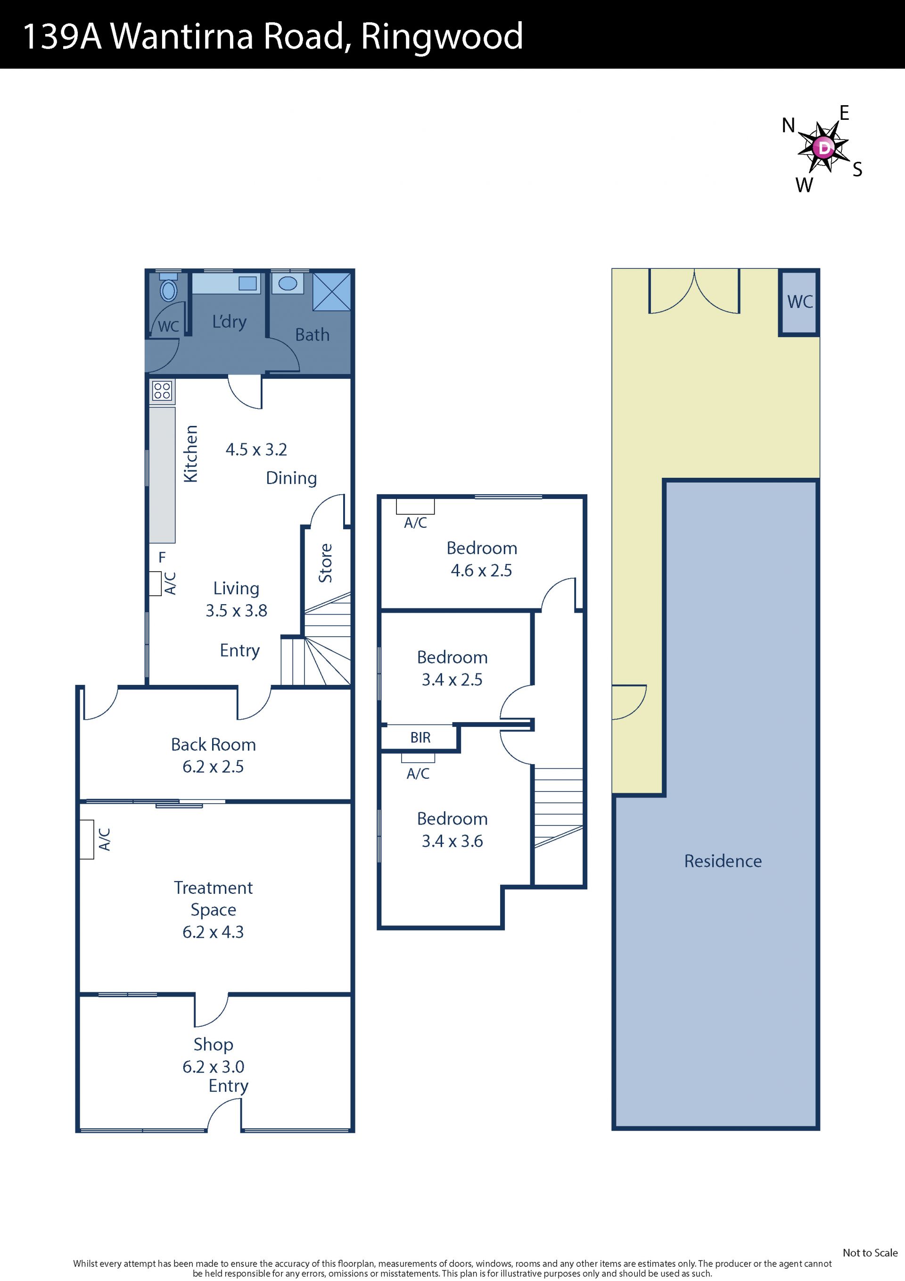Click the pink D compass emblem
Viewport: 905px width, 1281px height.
click(x=823, y=148)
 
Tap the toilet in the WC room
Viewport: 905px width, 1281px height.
click(x=168, y=287)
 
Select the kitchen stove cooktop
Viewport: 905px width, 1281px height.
click(x=162, y=391)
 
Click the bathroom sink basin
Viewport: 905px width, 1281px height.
click(x=288, y=283)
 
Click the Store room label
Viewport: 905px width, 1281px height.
click(x=325, y=563)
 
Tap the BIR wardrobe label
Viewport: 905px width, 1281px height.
click(x=420, y=738)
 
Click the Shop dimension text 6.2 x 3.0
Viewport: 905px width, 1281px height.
click(x=213, y=1066)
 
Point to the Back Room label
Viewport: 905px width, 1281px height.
click(x=213, y=744)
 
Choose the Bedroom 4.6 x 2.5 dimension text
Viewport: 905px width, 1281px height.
click(x=481, y=570)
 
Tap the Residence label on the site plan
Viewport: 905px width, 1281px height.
click(x=723, y=861)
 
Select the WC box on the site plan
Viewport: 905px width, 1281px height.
click(x=799, y=303)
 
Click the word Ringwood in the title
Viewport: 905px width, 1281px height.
click(x=442, y=37)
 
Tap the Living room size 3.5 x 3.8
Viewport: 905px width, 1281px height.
click(x=237, y=610)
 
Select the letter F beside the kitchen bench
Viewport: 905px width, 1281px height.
click(x=162, y=557)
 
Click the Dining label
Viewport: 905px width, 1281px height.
click(x=291, y=478)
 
